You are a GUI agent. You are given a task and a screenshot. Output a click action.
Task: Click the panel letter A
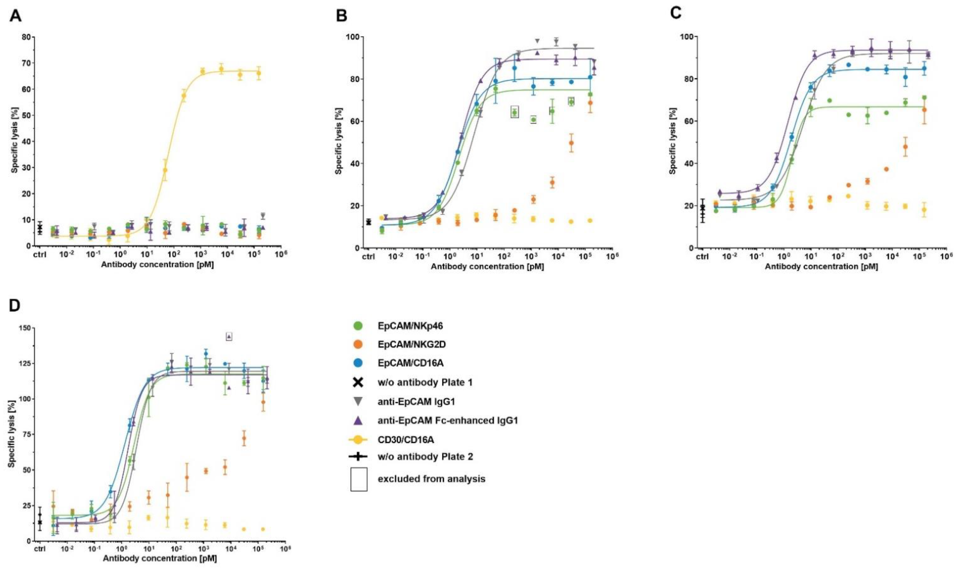point(15,16)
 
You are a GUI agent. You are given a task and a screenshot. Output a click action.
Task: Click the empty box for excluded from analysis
point(359,479)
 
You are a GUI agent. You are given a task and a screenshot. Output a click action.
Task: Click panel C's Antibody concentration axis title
point(821,267)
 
